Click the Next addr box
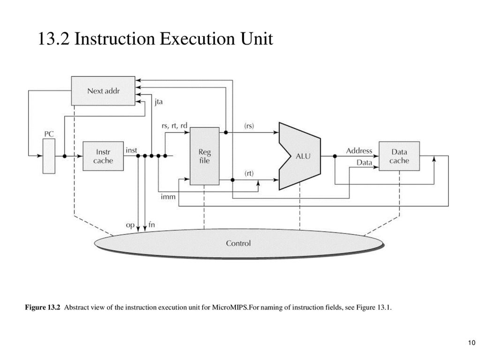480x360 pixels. (x=103, y=91)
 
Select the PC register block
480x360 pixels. (x=49, y=156)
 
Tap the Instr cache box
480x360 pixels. (x=103, y=156)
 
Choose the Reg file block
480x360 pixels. (x=204, y=156)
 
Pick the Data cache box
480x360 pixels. (x=399, y=156)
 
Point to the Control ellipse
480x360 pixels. (x=238, y=243)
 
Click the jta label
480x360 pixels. (x=158, y=102)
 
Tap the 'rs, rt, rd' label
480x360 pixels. (x=174, y=125)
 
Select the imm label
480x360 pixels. (x=168, y=197)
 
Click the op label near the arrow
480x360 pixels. (x=130, y=225)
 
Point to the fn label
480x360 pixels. (x=151, y=224)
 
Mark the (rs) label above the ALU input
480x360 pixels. (x=249, y=126)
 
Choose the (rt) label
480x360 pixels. (x=249, y=173)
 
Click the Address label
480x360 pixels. (x=359, y=151)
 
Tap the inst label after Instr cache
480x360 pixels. (x=131, y=150)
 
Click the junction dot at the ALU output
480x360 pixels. (x=335, y=156)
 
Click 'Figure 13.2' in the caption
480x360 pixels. (x=42, y=307)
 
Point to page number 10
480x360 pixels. (x=471, y=342)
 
